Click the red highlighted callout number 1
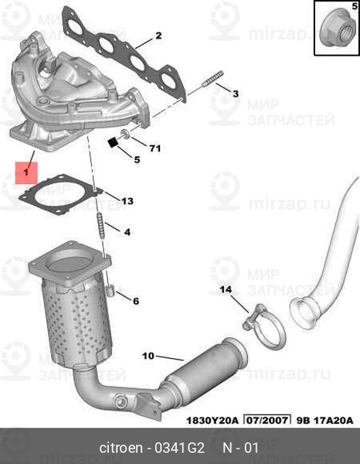tap(26, 172)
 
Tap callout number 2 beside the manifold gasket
tap(158, 36)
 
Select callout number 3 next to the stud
tap(236, 94)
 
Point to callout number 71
tap(155, 148)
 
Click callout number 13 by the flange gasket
tap(127, 201)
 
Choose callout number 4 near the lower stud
tap(127, 232)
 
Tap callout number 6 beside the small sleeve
tap(136, 301)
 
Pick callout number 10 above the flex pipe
tap(148, 356)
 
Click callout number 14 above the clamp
tap(226, 289)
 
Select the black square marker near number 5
tap(113, 142)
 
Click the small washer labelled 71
tap(125, 135)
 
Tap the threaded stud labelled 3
tap(212, 78)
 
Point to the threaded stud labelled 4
tap(100, 226)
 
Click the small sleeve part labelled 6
tap(110, 290)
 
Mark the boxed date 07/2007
tap(267, 420)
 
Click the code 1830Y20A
tap(212, 421)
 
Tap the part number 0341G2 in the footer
tap(180, 448)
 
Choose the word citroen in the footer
tap(121, 448)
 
